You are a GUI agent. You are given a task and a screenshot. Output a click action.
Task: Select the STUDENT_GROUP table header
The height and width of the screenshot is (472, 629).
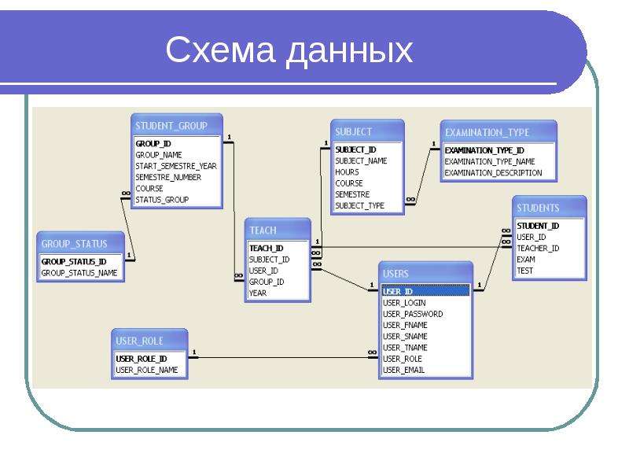[x=171, y=125]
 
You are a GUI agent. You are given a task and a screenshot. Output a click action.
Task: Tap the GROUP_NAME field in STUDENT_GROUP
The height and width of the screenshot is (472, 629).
[x=159, y=155]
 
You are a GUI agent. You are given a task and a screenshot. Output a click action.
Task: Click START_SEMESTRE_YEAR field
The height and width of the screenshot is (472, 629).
[x=176, y=166]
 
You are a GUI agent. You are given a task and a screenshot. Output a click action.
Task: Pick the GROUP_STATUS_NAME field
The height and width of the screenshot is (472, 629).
[x=79, y=273]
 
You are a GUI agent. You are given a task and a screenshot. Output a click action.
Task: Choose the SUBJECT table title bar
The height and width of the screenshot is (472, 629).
[x=354, y=131]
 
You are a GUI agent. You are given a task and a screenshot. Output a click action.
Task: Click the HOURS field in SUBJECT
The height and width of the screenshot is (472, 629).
[x=347, y=172]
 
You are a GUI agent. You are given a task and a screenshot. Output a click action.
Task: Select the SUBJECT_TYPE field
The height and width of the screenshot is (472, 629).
[x=360, y=205]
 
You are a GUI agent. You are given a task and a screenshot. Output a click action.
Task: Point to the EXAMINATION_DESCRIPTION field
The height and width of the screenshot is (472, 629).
[x=494, y=172]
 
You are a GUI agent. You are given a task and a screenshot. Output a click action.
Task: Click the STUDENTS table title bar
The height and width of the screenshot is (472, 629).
[x=539, y=208]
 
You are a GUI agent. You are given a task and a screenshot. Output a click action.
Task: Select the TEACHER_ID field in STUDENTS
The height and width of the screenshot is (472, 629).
[x=538, y=248]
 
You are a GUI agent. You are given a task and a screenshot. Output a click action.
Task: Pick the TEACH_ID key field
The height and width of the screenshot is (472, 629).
[x=266, y=248]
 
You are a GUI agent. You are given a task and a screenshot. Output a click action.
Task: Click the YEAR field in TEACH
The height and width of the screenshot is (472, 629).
[x=258, y=293]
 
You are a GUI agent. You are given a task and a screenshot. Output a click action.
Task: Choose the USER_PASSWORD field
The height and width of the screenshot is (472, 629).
[x=413, y=314]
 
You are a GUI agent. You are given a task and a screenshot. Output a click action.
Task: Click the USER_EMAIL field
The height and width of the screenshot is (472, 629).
[x=404, y=369]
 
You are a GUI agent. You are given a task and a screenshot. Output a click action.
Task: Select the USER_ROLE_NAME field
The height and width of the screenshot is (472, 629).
[x=147, y=369]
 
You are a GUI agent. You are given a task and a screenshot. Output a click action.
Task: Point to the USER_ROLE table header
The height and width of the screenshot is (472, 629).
[x=140, y=341]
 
